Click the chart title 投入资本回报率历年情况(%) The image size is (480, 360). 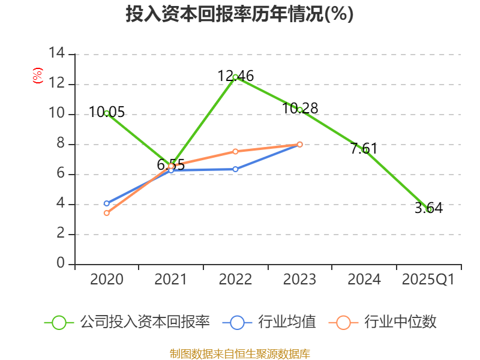tap(239, 14)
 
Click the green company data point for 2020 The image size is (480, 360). tap(107, 113)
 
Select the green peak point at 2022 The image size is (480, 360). tap(235, 77)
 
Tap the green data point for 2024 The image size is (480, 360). tap(365, 150)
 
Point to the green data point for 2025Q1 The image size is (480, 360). tap(429, 209)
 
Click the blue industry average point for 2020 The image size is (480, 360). tap(107, 203)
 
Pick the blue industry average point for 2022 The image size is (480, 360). tap(235, 169)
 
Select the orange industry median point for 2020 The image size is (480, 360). tap(107, 213)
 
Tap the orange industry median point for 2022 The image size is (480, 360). tap(235, 151)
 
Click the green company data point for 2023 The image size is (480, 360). tap(300, 110)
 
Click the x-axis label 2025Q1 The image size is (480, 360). tap(428, 280)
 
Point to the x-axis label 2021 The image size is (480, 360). tap(171, 280)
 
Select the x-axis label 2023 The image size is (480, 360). tap(300, 280)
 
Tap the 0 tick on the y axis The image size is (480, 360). tap(61, 264)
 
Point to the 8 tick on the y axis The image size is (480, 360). tap(61, 144)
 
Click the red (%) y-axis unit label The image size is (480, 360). tap(37, 76)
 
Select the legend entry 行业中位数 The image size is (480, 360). tap(384, 322)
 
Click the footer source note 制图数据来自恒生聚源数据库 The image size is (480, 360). tap(239, 353)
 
